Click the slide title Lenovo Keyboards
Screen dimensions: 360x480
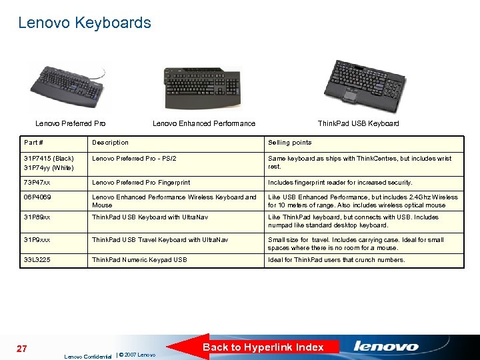click(85, 23)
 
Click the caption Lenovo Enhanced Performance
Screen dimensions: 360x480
click(203, 123)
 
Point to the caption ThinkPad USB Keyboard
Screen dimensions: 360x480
click(358, 123)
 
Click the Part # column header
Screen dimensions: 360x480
click(34, 143)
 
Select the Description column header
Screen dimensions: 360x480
click(110, 143)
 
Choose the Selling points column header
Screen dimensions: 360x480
click(289, 143)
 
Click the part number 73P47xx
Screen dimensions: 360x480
click(37, 183)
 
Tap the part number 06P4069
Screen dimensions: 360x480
click(37, 197)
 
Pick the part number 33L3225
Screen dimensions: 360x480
click(37, 260)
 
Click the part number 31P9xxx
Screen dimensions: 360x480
click(39, 240)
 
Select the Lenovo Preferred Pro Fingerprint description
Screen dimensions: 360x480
click(141, 183)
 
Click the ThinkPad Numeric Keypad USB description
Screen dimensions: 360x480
click(139, 260)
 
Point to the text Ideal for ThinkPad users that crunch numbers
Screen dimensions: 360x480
click(336, 260)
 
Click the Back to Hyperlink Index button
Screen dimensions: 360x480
click(263, 347)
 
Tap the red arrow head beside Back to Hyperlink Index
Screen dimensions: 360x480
click(183, 347)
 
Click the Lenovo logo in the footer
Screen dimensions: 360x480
click(386, 347)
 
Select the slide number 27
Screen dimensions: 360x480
click(21, 349)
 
